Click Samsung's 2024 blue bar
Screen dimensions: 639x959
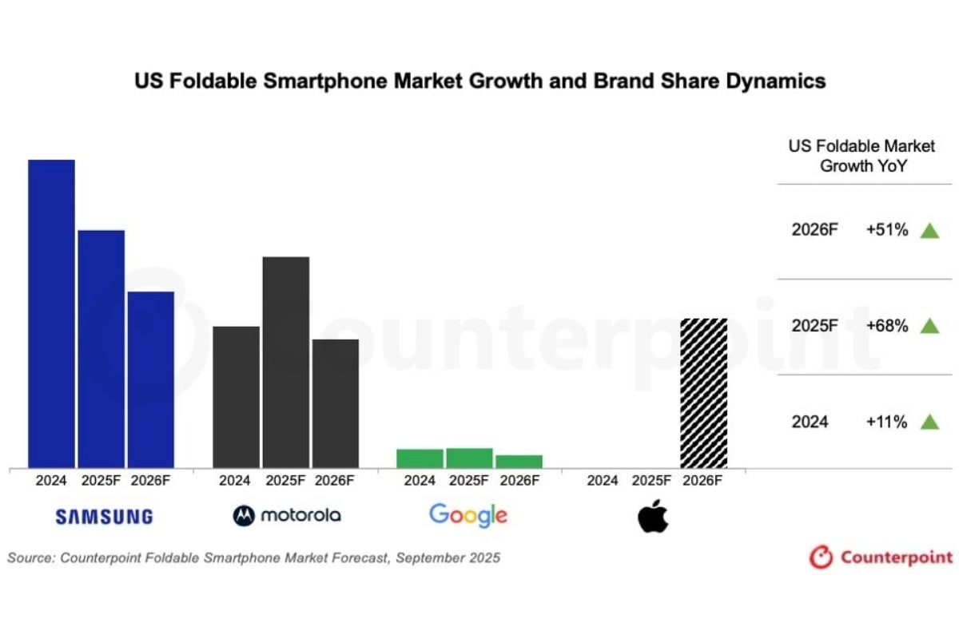(x=52, y=313)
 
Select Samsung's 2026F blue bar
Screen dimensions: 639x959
(x=151, y=379)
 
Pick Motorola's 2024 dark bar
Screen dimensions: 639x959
(x=236, y=396)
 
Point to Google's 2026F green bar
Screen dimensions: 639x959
(x=519, y=461)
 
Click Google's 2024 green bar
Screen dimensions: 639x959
(x=420, y=458)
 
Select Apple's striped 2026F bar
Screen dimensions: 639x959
(x=704, y=392)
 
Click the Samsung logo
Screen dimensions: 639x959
(x=104, y=517)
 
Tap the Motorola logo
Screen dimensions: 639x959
(x=287, y=515)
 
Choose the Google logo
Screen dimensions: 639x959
(x=468, y=515)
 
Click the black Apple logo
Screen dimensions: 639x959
(x=653, y=516)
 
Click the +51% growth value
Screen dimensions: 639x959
(x=887, y=230)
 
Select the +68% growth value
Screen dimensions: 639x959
(x=887, y=326)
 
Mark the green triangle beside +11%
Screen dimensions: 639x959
(x=929, y=422)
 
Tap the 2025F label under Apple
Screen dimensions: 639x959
(x=653, y=481)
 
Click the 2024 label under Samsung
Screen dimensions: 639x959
(x=52, y=481)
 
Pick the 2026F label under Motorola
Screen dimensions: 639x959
(x=336, y=481)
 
